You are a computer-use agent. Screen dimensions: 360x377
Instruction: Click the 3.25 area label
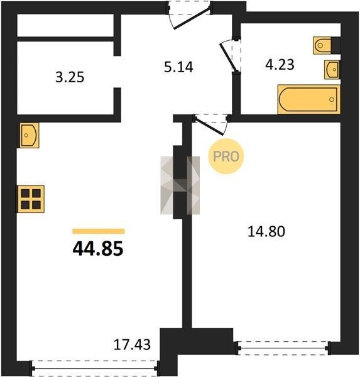coord(70,77)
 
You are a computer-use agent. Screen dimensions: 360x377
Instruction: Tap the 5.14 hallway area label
coord(178,67)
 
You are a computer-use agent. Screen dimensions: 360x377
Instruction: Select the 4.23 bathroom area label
coord(280,65)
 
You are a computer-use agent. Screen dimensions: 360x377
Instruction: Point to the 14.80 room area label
coord(266,231)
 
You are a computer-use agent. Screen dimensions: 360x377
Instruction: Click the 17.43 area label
coord(132,344)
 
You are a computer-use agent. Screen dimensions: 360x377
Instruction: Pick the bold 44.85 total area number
coord(98,249)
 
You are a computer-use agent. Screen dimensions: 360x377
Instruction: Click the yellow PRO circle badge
coord(226,156)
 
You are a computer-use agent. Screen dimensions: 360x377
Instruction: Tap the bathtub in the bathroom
coord(308,99)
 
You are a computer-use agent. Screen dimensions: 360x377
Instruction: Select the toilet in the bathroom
coord(323,45)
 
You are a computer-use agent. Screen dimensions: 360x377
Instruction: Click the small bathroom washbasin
coord(332,70)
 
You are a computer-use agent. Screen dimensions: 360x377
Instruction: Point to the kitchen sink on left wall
coord(28,135)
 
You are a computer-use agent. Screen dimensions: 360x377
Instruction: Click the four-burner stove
coord(30,199)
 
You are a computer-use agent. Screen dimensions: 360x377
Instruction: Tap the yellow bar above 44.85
coord(99,231)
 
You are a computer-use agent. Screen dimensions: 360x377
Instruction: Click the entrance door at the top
coord(190,15)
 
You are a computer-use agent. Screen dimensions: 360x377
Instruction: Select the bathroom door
coord(231,55)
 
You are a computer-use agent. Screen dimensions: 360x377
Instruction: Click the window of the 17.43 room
coord(95,368)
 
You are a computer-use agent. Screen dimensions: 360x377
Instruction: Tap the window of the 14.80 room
coord(283,348)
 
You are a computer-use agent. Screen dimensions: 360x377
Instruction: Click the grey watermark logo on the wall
coord(180,185)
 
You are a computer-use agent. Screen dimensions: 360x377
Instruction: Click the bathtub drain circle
coord(332,99)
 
